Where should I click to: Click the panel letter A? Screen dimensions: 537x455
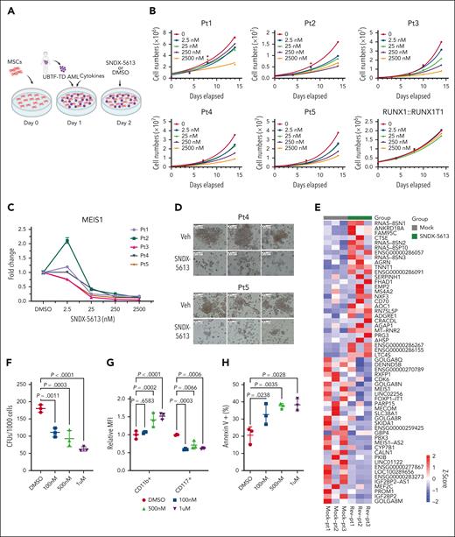pos(7,10)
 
